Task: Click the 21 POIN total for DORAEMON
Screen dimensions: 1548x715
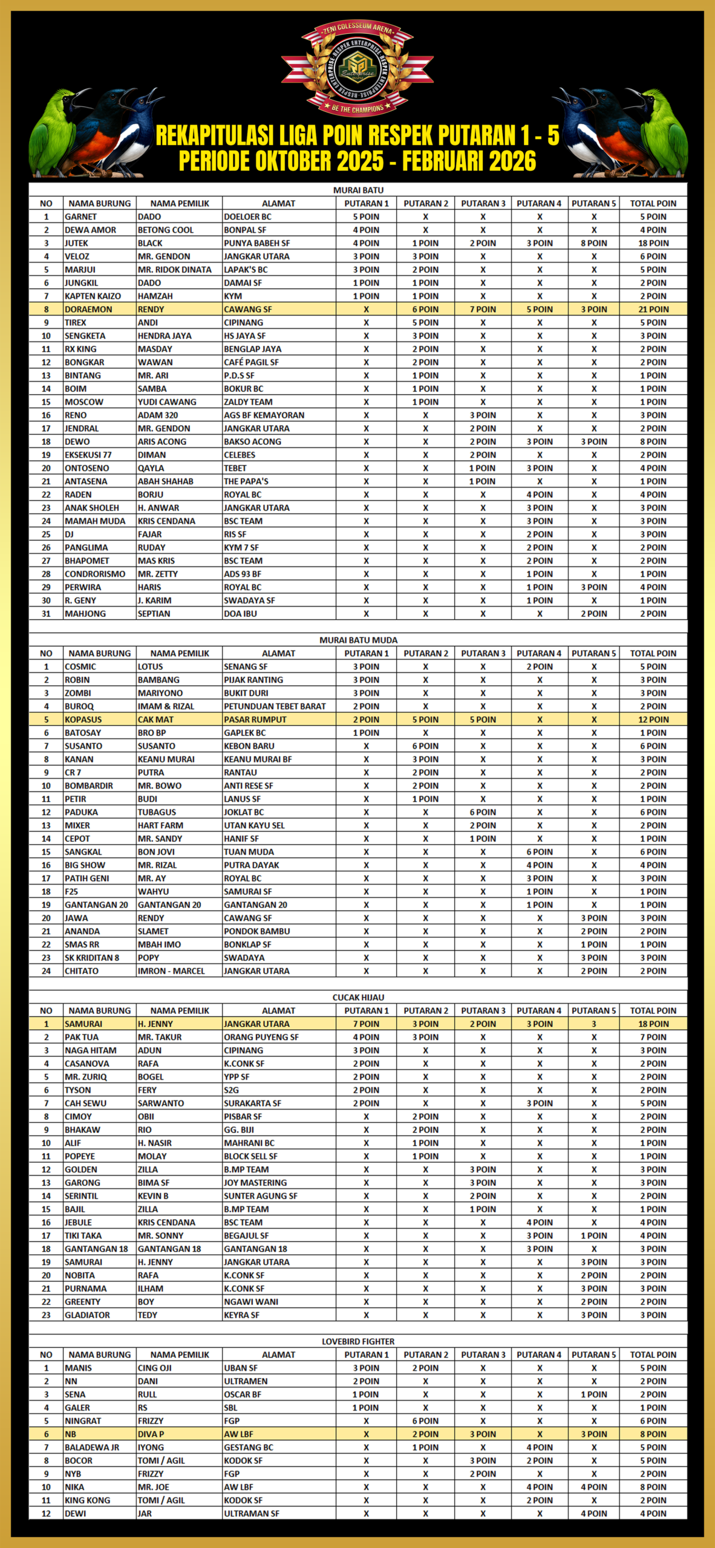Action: point(653,309)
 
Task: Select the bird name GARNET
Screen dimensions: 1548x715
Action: point(81,216)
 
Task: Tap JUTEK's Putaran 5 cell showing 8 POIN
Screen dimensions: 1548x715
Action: point(594,243)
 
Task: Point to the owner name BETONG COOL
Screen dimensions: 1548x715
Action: point(166,230)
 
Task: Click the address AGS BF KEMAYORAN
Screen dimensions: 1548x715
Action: point(264,415)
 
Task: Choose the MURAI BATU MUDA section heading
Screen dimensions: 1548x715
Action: point(358,640)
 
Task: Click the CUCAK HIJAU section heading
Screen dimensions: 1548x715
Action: point(358,997)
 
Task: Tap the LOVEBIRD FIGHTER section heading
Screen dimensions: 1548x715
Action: point(358,1341)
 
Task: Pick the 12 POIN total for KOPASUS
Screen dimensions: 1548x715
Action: point(653,720)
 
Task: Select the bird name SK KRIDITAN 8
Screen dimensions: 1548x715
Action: point(92,958)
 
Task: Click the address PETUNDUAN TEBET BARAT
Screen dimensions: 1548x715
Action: point(275,706)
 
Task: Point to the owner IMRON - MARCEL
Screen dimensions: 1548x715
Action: point(171,971)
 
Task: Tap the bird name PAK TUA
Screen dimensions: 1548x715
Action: point(82,1037)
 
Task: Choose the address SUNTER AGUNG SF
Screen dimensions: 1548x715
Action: point(261,1196)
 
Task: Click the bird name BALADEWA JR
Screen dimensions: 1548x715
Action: point(92,1448)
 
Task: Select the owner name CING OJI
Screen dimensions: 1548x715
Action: point(155,1368)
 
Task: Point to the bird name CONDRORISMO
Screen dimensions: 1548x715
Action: point(95,574)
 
